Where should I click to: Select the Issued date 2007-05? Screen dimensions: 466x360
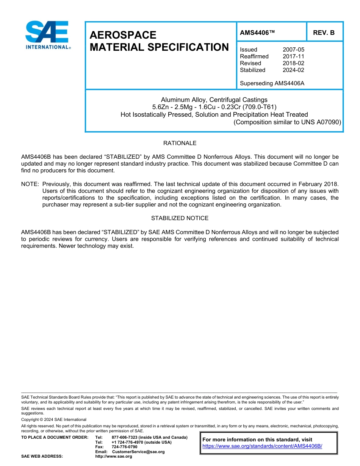tap(293, 50)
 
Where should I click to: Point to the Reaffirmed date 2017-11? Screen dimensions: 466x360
tap(293, 56)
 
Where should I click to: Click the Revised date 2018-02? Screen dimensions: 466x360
tap(293, 63)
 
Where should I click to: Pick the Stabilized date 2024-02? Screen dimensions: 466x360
tap(293, 70)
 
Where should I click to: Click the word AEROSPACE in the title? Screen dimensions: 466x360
tap(123, 35)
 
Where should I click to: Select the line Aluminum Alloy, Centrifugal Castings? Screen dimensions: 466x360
tap(214, 100)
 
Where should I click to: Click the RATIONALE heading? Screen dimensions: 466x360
tap(180, 143)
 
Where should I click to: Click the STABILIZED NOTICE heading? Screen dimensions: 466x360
tap(180, 218)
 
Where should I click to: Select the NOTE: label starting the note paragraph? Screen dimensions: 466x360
tap(30, 184)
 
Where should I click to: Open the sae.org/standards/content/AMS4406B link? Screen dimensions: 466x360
tap(262, 446)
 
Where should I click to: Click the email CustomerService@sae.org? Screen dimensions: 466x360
tap(138, 452)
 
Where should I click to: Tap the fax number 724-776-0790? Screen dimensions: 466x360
tap(124, 447)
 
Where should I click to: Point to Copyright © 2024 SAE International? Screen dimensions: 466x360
tap(54, 419)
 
